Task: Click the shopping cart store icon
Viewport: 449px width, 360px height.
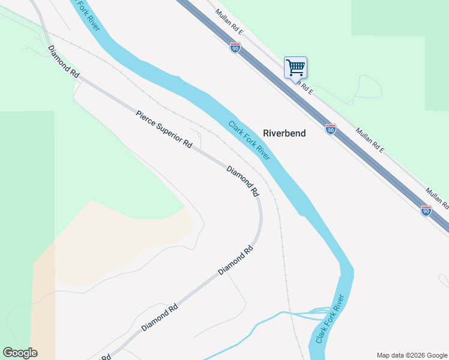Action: click(295, 67)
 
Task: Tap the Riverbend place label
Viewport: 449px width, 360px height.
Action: click(284, 133)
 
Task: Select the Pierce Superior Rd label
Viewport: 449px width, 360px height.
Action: click(163, 129)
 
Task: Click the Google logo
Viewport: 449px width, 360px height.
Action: click(20, 353)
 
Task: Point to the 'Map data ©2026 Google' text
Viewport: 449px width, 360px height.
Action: click(412, 355)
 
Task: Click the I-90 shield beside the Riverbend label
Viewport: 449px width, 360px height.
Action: click(330, 129)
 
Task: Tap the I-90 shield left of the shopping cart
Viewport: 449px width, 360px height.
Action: click(235, 47)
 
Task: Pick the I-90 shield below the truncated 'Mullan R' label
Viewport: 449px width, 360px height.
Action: click(426, 210)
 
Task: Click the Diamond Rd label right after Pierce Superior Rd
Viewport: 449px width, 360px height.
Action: click(243, 182)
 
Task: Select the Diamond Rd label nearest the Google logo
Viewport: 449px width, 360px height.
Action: click(160, 318)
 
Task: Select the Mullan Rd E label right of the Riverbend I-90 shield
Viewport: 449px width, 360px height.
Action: click(369, 140)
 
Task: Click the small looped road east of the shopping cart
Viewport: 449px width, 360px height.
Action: click(369, 87)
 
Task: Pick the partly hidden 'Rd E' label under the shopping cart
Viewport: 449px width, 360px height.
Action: click(304, 88)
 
